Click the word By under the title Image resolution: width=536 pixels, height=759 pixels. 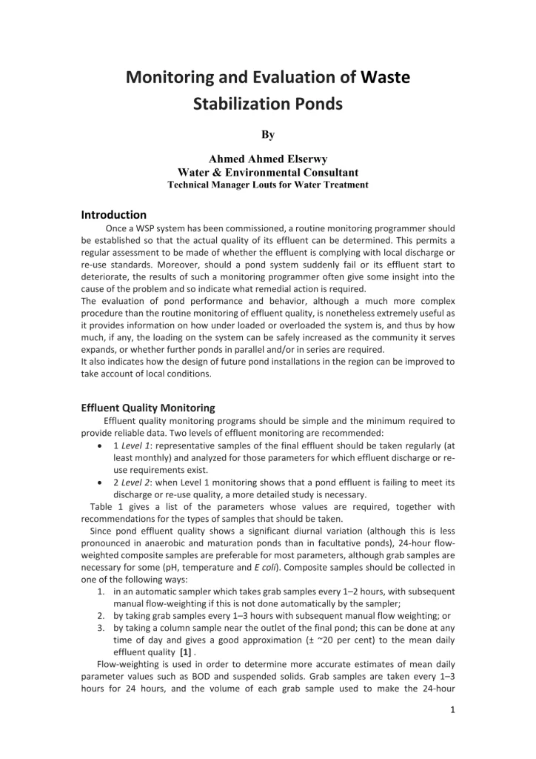(x=267, y=135)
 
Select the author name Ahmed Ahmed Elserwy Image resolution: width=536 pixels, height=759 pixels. (x=267, y=159)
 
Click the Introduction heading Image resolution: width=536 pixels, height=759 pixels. (x=114, y=215)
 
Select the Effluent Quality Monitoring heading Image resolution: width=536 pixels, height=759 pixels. (x=148, y=407)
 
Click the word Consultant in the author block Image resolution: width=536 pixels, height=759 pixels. (x=312, y=172)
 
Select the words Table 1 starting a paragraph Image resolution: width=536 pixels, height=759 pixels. (x=101, y=507)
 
